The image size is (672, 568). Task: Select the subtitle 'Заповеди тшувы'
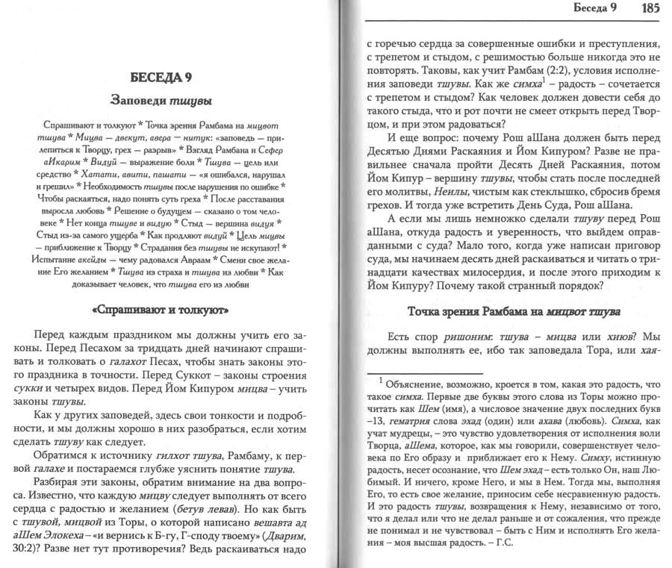click(162, 100)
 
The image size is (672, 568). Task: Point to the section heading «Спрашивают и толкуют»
click(163, 308)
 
